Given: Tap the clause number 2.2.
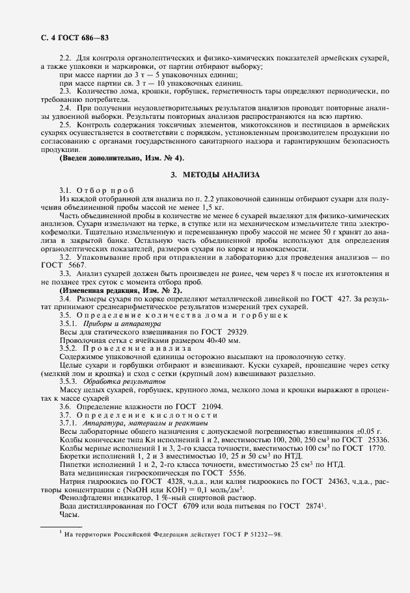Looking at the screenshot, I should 64,59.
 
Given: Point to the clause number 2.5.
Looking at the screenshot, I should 64,123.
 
